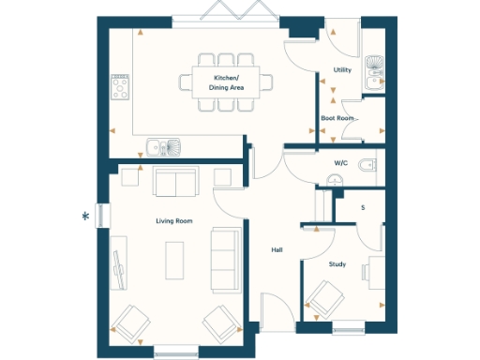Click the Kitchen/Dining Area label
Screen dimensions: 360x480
pos(226,82)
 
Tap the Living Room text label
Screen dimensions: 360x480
pos(174,220)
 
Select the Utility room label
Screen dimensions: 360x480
pos(342,70)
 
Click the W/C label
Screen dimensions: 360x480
pos(339,164)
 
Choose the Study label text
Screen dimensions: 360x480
pos(337,264)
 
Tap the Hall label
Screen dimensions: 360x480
pos(277,250)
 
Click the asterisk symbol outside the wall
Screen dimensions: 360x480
pos(86,217)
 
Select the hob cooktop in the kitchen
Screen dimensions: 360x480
pos(121,87)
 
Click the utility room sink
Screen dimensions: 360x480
pos(375,65)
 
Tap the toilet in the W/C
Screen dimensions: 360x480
pos(368,166)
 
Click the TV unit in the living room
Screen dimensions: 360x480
pos(119,265)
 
